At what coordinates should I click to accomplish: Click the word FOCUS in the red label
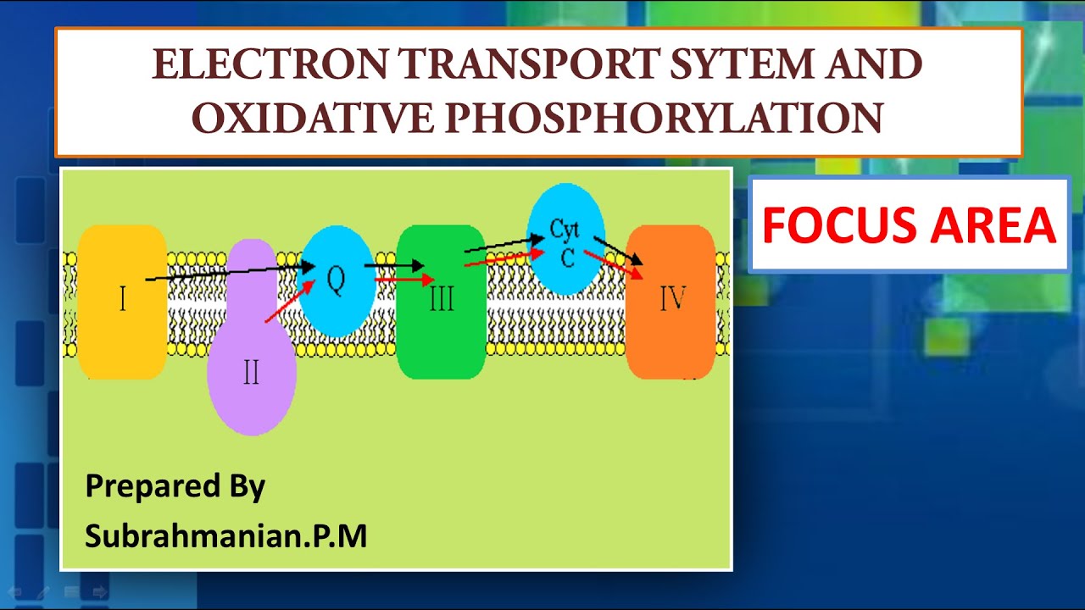coord(832,225)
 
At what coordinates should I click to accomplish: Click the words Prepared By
coord(175,486)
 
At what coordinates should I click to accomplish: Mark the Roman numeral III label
coord(441,298)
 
